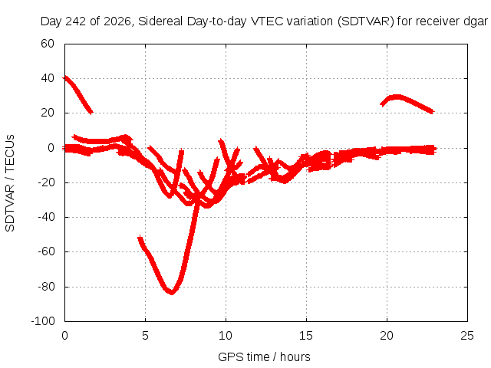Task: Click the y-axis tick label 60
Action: pos(48,44)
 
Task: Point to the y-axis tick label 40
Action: pos(48,78)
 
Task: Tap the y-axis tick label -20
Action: pos(46,182)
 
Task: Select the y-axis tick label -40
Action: pos(46,217)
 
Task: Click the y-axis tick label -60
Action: pos(46,251)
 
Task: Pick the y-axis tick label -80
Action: pos(46,286)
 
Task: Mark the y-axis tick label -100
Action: pos(43,321)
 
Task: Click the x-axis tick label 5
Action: pos(145,336)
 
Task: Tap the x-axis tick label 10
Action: pos(226,336)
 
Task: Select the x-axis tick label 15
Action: pos(306,336)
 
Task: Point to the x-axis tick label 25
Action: pos(467,336)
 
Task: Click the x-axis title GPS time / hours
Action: pos(264,357)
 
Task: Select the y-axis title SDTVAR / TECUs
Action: pos(10,183)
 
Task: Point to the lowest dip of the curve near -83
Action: pos(172,292)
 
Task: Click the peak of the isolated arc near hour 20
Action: pos(397,97)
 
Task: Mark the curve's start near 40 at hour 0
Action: pos(65,77)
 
